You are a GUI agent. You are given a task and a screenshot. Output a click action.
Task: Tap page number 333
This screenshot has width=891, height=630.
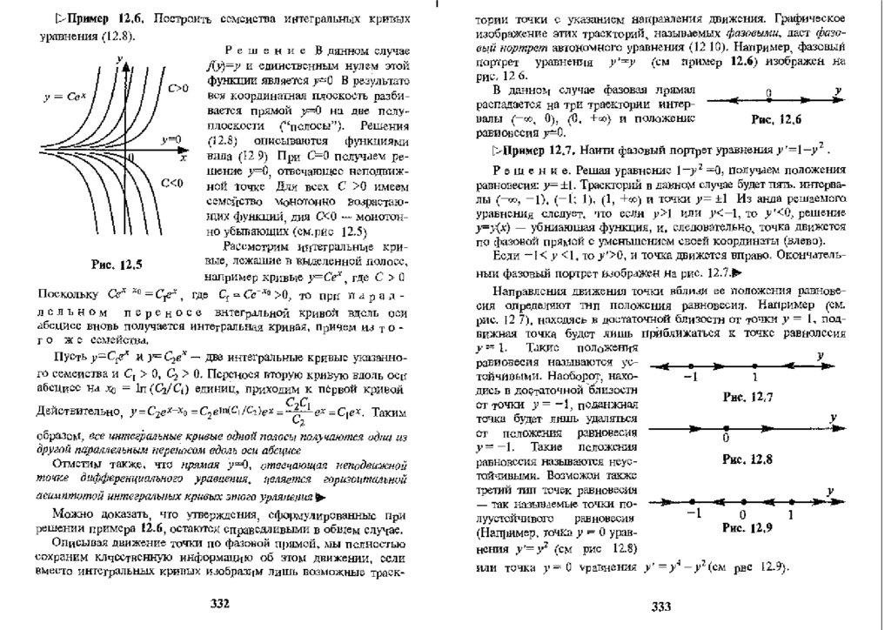(663, 605)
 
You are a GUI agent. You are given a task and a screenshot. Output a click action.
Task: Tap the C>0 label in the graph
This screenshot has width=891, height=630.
(178, 88)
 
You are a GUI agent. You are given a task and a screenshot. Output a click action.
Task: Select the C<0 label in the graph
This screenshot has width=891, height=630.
(173, 182)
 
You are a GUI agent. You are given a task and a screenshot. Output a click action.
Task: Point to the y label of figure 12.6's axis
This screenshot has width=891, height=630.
(836, 89)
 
